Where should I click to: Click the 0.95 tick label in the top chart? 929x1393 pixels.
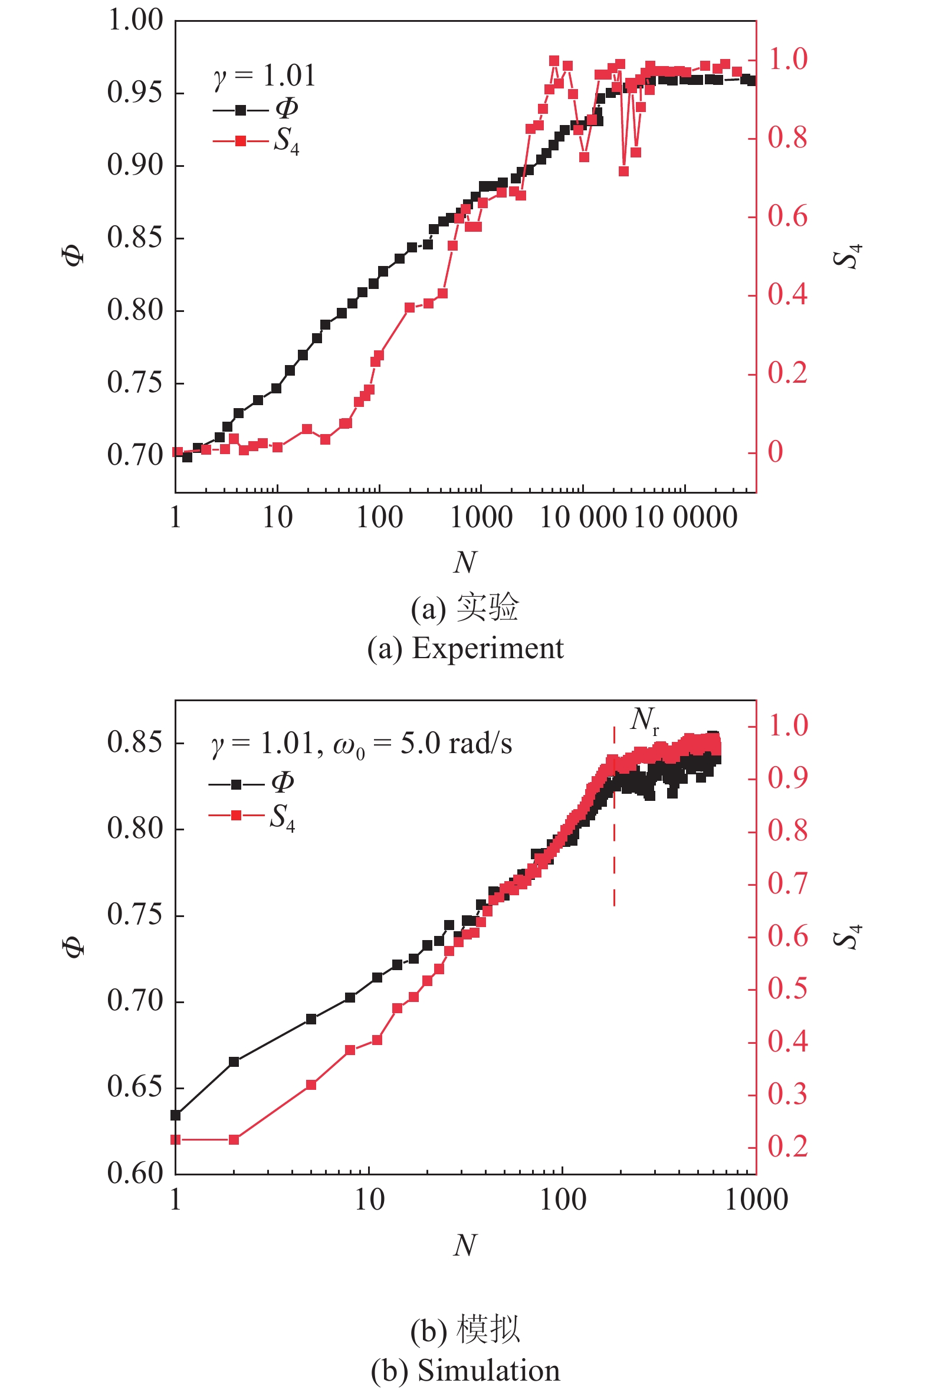(134, 93)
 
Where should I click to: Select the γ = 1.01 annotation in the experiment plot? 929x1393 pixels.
(264, 76)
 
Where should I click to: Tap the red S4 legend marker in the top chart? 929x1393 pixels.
(241, 141)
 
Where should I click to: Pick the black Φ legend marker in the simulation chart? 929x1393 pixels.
(236, 784)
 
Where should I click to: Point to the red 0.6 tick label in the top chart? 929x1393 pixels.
(787, 217)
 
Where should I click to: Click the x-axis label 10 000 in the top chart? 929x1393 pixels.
(583, 518)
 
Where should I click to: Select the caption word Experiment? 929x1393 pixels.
(488, 648)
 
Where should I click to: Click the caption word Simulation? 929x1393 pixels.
(489, 1370)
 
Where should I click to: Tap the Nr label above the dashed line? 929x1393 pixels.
(644, 720)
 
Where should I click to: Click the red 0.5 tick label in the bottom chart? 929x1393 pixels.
(787, 988)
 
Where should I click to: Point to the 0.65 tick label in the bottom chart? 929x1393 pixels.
(134, 1087)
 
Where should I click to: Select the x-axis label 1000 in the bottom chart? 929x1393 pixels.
(756, 1200)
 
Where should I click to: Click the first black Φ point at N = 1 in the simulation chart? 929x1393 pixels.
(175, 1115)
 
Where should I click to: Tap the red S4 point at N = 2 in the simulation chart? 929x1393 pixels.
(234, 1139)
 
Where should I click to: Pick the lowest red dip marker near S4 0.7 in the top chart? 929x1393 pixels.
(623, 171)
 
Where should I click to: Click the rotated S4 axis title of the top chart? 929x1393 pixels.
(848, 256)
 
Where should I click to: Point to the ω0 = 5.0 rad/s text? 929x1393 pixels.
(422, 744)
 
